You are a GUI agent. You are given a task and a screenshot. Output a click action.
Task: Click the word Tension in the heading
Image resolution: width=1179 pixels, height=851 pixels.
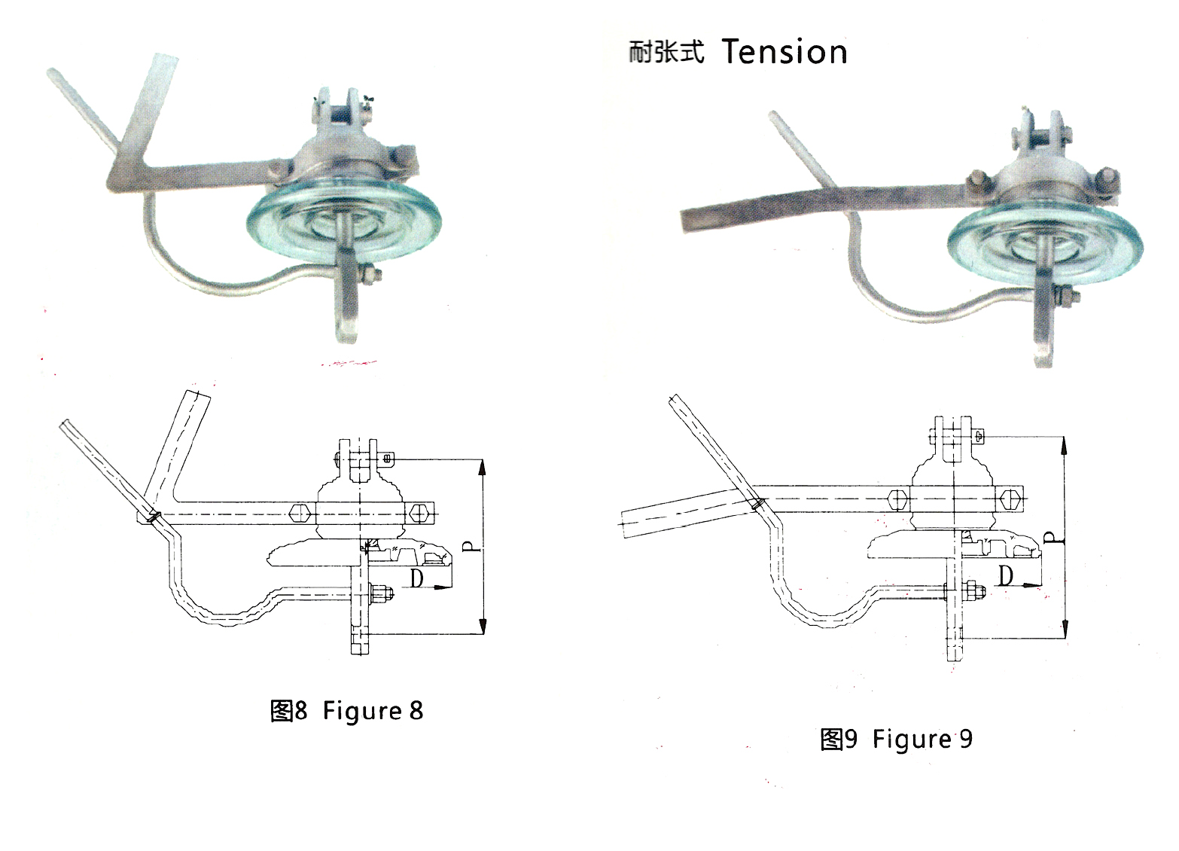pyautogui.click(x=784, y=52)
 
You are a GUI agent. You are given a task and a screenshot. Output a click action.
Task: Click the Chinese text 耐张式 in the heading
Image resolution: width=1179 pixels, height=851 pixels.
pyautogui.click(x=666, y=52)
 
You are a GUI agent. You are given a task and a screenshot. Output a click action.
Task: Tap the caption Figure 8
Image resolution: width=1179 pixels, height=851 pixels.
pyautogui.click(x=373, y=710)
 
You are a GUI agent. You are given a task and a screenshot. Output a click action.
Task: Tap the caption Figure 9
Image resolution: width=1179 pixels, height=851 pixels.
pyautogui.click(x=922, y=739)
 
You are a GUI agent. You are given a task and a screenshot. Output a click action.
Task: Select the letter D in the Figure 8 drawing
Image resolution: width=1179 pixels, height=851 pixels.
pyautogui.click(x=416, y=578)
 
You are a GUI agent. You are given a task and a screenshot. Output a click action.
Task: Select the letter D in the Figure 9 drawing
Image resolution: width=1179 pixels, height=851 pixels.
pyautogui.click(x=1005, y=575)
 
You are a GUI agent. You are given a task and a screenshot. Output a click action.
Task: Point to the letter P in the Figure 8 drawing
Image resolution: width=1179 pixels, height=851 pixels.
pyautogui.click(x=471, y=546)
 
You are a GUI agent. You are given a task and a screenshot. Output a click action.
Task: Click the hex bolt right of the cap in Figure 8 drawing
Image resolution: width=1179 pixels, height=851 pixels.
pyautogui.click(x=419, y=514)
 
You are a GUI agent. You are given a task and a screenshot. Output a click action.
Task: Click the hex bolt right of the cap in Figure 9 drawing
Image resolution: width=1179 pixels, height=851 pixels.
pyautogui.click(x=1010, y=499)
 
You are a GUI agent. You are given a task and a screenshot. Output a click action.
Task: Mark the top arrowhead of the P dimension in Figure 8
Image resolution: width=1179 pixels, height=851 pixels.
pyautogui.click(x=482, y=468)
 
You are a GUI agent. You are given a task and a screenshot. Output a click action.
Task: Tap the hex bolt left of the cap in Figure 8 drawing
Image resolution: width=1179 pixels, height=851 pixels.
pyautogui.click(x=300, y=514)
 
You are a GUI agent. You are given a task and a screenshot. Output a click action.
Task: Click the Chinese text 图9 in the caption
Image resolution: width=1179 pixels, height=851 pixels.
pyautogui.click(x=838, y=739)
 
